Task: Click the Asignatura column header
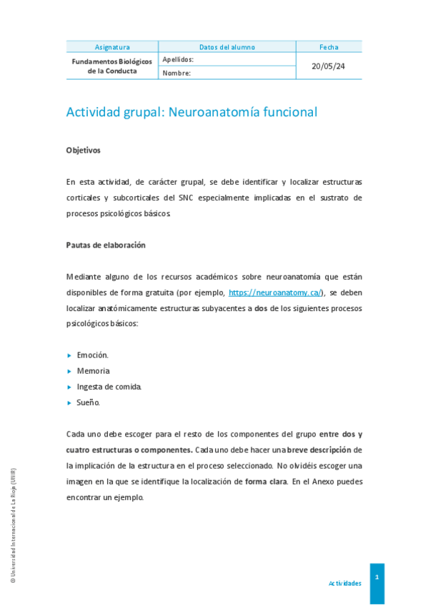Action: (112, 47)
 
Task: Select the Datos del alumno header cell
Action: (227, 47)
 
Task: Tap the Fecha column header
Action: (329, 47)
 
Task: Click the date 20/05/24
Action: (329, 66)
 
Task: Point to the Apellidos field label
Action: (178, 60)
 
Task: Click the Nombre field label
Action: (176, 73)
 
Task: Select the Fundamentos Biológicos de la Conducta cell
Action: (112, 66)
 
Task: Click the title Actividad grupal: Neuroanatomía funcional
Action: (191, 112)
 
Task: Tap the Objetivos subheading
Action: (84, 151)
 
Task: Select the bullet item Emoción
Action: (93, 355)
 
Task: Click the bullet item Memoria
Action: (94, 371)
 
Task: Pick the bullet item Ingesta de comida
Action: (109, 387)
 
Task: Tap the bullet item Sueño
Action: (89, 402)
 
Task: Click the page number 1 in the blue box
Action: (377, 576)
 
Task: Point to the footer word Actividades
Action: (344, 583)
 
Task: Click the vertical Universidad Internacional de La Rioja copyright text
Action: (13, 526)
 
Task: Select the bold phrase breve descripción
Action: (320, 449)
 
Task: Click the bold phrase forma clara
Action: (265, 482)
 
